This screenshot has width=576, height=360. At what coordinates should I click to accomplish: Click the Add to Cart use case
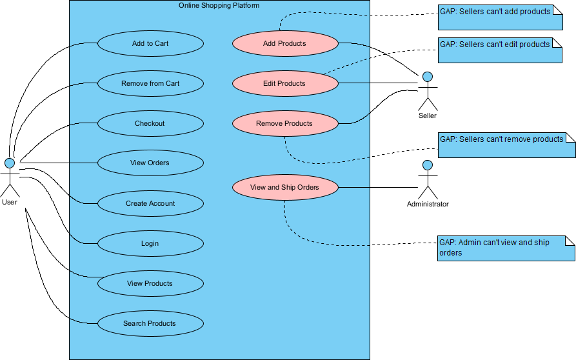(x=150, y=44)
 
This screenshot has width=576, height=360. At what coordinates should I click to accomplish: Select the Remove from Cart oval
(x=150, y=84)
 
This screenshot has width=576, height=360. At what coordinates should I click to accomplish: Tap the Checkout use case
(x=150, y=124)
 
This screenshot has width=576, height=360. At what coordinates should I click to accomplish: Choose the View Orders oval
(x=150, y=163)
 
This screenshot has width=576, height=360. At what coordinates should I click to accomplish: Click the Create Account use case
(x=150, y=204)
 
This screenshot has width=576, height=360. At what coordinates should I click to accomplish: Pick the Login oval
(x=150, y=244)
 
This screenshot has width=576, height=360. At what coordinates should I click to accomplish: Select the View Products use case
(x=150, y=284)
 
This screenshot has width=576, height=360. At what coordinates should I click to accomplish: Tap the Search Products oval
(x=150, y=324)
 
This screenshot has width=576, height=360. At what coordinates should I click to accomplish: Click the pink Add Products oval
(x=284, y=44)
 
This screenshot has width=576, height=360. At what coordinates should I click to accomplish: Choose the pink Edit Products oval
(x=284, y=84)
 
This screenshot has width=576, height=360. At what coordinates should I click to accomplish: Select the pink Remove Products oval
(x=284, y=124)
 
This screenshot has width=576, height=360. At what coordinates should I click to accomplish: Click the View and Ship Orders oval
(x=284, y=188)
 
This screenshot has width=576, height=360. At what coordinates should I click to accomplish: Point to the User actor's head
(x=10, y=162)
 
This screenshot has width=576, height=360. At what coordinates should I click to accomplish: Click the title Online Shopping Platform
(x=219, y=5)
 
